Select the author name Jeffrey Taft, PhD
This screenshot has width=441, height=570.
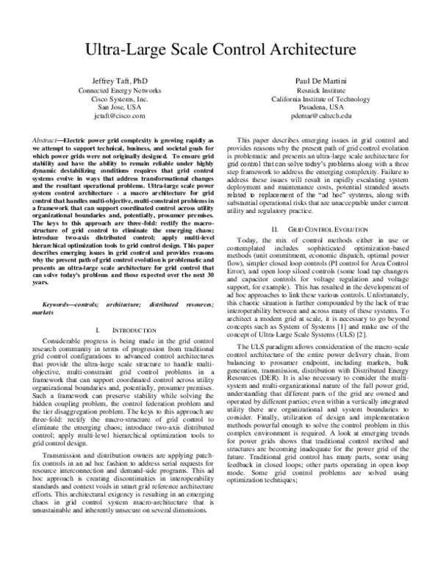114,79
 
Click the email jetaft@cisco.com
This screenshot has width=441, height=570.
114,116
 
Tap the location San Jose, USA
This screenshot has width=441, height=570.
114,107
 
